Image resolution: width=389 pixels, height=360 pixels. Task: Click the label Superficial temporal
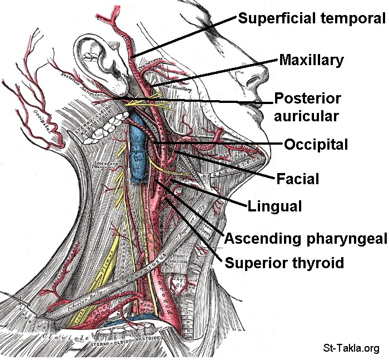[x=311, y=18]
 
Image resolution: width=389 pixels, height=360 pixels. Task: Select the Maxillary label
[x=311, y=60]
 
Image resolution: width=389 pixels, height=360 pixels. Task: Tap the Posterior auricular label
[x=307, y=107]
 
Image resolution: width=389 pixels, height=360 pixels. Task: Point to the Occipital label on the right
[x=316, y=145]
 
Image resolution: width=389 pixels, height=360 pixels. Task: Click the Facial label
[x=298, y=179]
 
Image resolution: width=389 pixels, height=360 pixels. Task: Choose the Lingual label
[x=275, y=206]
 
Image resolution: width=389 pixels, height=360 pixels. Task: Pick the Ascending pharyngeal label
[x=305, y=239]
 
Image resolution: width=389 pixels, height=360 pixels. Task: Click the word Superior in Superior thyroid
[x=253, y=262]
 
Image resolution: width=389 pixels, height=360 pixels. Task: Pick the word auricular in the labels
[x=307, y=116]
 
